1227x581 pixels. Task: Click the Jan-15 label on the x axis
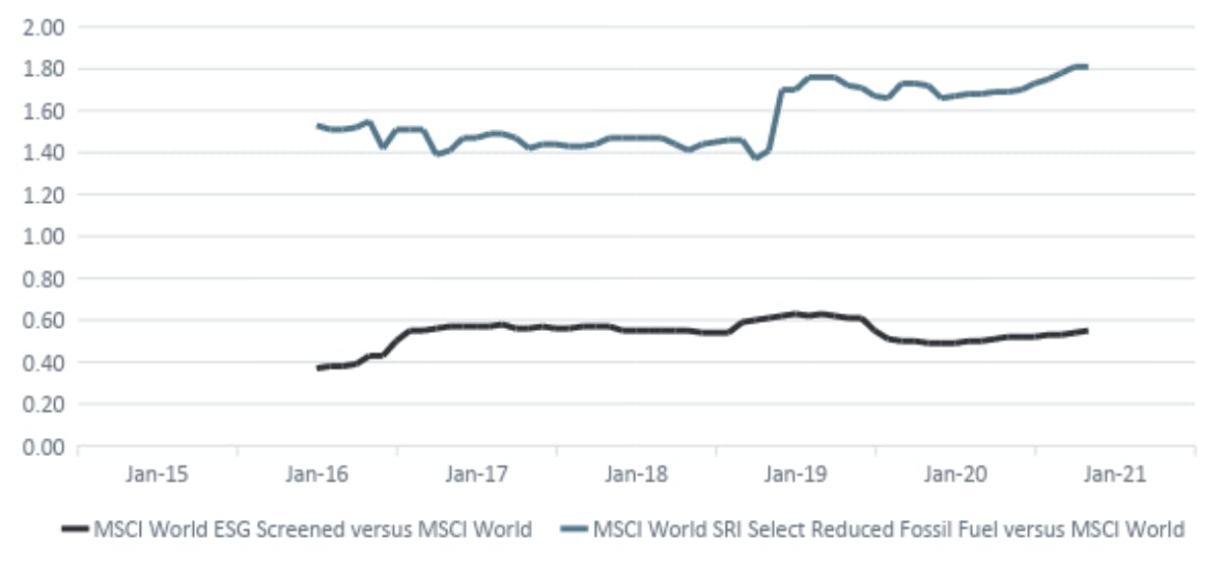[156, 475]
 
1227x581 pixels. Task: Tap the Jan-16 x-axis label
[317, 475]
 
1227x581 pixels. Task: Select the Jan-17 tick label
[477, 475]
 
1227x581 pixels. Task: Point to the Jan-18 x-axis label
[636, 475]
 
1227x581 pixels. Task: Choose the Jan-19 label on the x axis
[796, 475]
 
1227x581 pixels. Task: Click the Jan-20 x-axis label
[955, 475]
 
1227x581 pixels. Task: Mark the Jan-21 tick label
[1115, 475]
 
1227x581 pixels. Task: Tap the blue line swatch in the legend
[573, 530]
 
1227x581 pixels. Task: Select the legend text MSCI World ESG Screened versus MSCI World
[312, 530]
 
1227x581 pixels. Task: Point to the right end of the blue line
[1085, 67]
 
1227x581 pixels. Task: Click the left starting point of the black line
[318, 367]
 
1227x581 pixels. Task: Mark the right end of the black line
[1086, 331]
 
